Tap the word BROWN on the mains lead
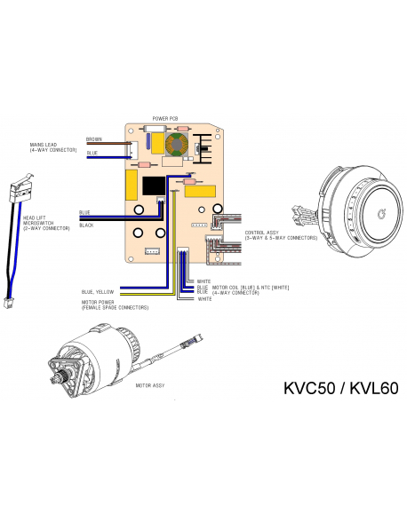coord(93,138)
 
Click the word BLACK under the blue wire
coord(86,225)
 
